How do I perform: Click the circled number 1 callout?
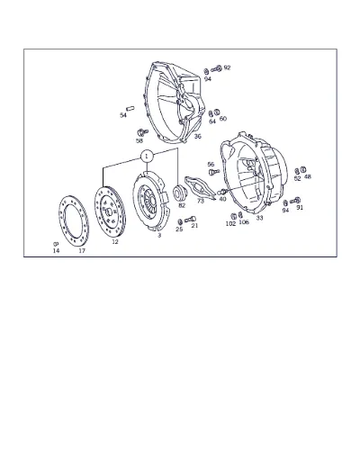pyautogui.click(x=147, y=157)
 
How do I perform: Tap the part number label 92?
pyautogui.click(x=227, y=67)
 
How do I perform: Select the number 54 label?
pyautogui.click(x=123, y=115)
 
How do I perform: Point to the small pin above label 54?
pyautogui.click(x=130, y=108)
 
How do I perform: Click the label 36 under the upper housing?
pyautogui.click(x=197, y=136)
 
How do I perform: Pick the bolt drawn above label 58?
pyautogui.click(x=142, y=132)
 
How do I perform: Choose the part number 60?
pyautogui.click(x=223, y=119)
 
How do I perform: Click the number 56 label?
pyautogui.click(x=211, y=165)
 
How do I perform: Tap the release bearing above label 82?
pyautogui.click(x=181, y=193)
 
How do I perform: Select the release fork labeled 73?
pyautogui.click(x=199, y=187)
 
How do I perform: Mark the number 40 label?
pyautogui.click(x=222, y=199)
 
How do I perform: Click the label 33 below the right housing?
pyautogui.click(x=259, y=218)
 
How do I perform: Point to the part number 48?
pyautogui.click(x=308, y=176)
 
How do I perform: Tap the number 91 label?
pyautogui.click(x=300, y=207)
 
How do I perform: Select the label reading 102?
pyautogui.click(x=230, y=223)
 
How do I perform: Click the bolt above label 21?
pyautogui.click(x=190, y=220)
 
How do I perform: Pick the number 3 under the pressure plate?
pyautogui.click(x=159, y=236)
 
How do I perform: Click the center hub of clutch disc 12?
pyautogui.click(x=109, y=212)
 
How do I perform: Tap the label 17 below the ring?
pyautogui.click(x=82, y=251)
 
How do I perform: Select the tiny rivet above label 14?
pyautogui.click(x=55, y=244)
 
